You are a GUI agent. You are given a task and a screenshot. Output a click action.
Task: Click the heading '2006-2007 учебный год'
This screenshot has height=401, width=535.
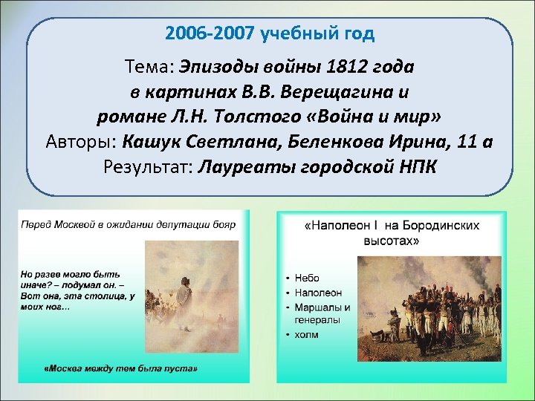(270, 33)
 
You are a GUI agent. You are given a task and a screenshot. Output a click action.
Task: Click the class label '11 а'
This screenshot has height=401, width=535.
(476, 141)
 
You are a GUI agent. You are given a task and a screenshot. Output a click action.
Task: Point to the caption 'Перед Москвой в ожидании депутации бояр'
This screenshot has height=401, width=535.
(128, 224)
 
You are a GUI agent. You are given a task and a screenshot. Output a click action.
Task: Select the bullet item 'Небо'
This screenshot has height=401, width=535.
(306, 278)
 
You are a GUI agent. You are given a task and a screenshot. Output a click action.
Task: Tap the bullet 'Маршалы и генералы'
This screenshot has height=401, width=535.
(321, 314)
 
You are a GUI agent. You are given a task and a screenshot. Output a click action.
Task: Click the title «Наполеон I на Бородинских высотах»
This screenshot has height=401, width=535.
(392, 232)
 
